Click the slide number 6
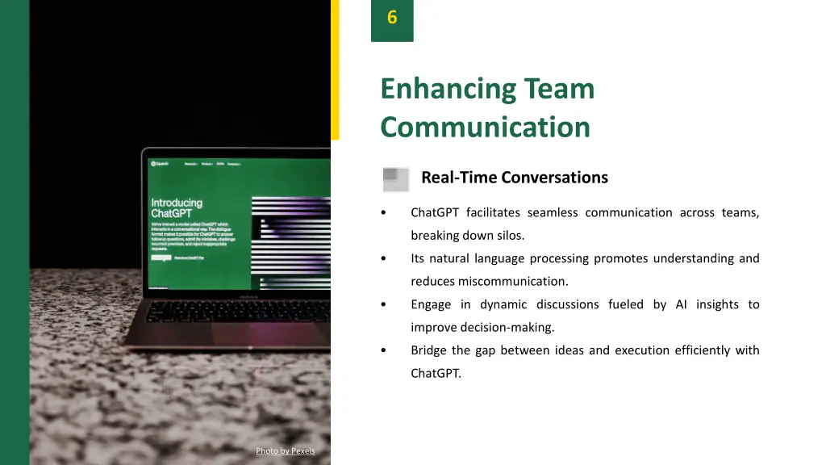tap(392, 17)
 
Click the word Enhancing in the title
tap(447, 88)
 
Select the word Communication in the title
tap(485, 127)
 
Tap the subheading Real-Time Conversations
tap(514, 177)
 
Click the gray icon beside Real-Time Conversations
tap(395, 178)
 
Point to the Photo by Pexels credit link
tap(285, 450)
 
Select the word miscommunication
tap(513, 281)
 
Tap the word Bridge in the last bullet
tap(428, 350)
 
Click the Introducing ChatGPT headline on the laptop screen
tap(177, 207)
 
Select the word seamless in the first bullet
tap(553, 212)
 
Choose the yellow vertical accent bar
tap(335, 69)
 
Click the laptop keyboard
tap(242, 311)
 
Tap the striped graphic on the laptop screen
tap(290, 242)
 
